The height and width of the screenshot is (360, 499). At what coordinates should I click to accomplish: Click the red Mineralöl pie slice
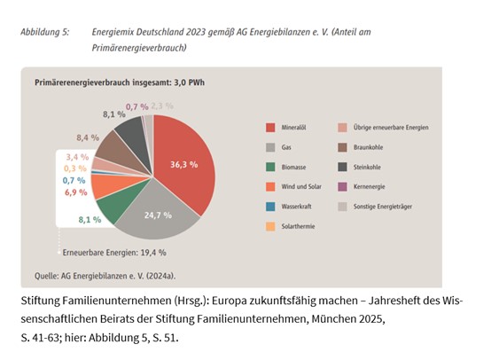pos(182,160)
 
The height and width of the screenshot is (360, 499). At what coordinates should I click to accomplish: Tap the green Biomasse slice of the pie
pos(113,209)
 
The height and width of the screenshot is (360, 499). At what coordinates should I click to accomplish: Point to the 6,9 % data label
pos(75,192)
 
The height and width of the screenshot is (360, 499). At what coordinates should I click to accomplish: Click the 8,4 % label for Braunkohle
pos(88,137)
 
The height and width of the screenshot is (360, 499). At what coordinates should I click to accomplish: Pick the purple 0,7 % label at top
pos(136,106)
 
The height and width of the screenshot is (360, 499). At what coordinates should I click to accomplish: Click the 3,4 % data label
pos(75,157)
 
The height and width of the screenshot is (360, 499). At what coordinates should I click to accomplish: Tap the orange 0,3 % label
pos(75,168)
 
